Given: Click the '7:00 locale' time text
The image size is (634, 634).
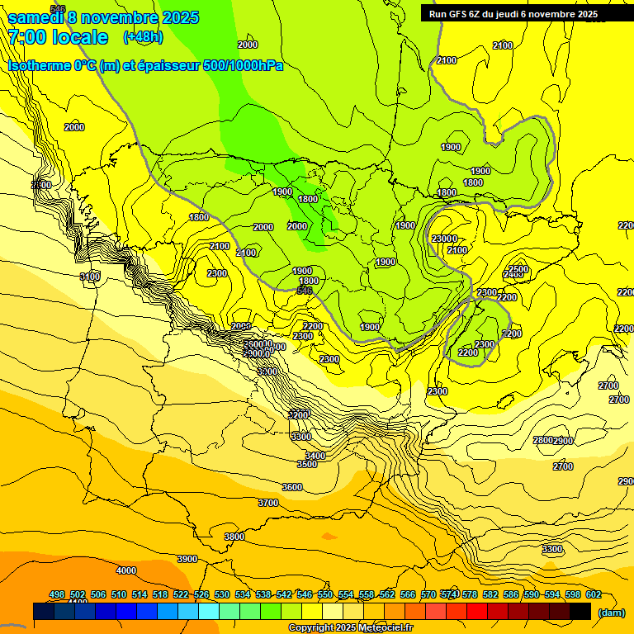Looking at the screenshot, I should tap(58, 37).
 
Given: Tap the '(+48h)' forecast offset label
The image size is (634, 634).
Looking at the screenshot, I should tap(143, 36).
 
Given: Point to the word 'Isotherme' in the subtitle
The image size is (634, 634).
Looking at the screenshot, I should tap(40, 65).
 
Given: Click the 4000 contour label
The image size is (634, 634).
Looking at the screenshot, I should tap(125, 570).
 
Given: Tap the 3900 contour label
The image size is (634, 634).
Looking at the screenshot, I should tap(187, 559).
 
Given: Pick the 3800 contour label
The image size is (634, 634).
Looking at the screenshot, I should tap(234, 537).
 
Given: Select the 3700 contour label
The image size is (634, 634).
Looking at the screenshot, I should tap(268, 503).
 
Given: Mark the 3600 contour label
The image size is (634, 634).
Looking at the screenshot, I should tap(292, 487).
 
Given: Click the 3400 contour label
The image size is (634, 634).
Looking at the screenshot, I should tap(315, 456).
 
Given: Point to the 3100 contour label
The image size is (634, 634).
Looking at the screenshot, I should tap(90, 277).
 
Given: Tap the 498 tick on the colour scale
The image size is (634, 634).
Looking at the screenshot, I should tap(57, 594).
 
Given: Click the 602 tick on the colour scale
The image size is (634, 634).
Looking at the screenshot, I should tap(594, 594).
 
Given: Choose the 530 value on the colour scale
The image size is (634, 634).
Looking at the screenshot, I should tap(222, 594).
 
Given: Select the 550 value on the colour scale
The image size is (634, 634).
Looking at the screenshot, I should tap(325, 594).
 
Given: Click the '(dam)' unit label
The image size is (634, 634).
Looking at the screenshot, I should tap(611, 613).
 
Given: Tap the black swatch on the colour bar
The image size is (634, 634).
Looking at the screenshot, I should tap(580, 611).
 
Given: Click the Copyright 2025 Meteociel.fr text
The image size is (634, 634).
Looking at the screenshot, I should tap(350, 628).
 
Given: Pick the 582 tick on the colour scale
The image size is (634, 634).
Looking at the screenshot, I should tap(490, 594).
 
